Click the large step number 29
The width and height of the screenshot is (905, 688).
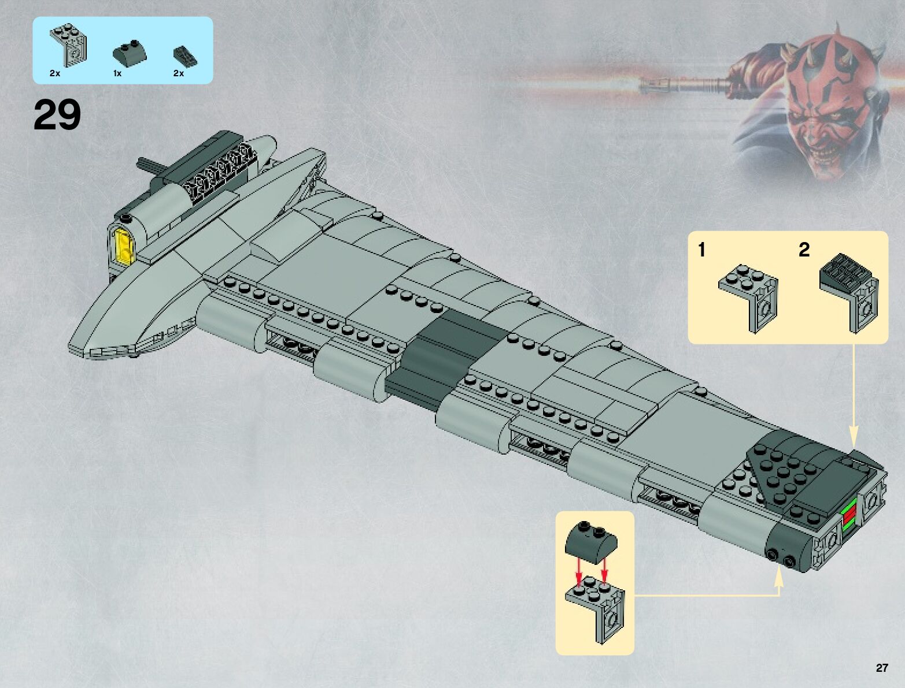pyautogui.click(x=57, y=116)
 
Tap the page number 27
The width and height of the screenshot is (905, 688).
pyautogui.click(x=881, y=668)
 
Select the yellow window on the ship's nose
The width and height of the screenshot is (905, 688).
pyautogui.click(x=125, y=246)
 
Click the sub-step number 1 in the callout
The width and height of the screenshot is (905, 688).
pyautogui.click(x=701, y=250)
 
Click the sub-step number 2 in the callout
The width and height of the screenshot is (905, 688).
pyautogui.click(x=804, y=250)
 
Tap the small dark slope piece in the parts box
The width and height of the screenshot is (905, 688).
pyautogui.click(x=185, y=55)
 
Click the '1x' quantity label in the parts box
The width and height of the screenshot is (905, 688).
pyautogui.click(x=117, y=73)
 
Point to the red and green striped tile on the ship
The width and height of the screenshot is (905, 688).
pyautogui.click(x=849, y=515)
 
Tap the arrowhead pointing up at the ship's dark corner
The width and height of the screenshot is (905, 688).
pyautogui.click(x=778, y=571)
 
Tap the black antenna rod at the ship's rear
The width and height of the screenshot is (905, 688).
pyautogui.click(x=150, y=166)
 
